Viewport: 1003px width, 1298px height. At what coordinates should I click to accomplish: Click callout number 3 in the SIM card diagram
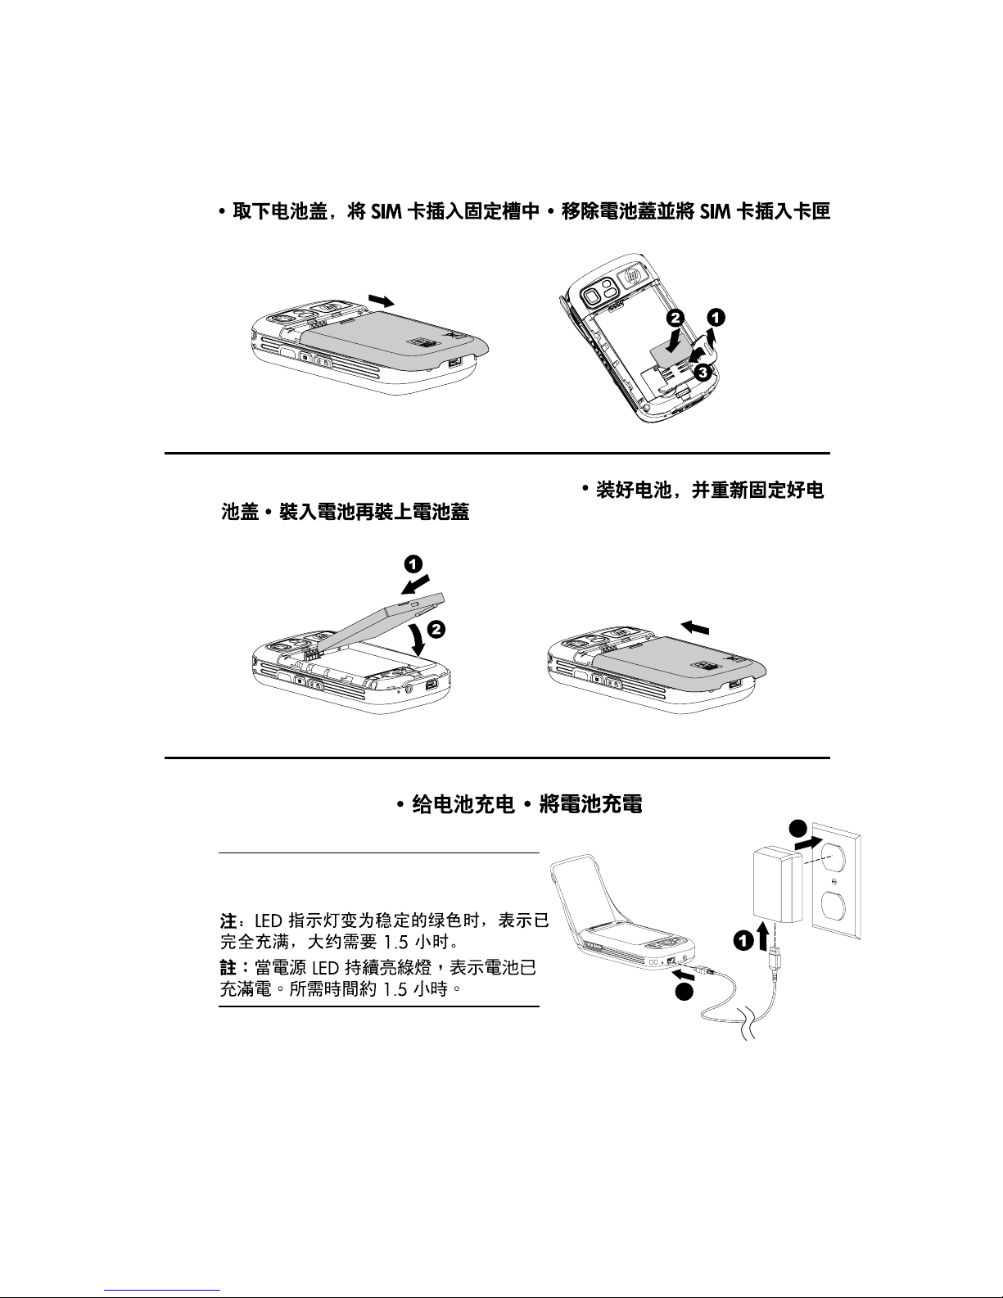pos(703,372)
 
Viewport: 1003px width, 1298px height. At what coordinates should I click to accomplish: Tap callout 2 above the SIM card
pos(675,318)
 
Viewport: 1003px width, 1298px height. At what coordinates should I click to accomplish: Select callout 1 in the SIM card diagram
pos(716,317)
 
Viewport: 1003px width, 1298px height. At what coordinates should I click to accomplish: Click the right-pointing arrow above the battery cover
pos(382,301)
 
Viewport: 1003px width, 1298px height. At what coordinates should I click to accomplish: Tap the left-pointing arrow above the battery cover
pos(695,626)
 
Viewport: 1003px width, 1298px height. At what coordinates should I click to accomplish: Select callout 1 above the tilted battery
pos(413,564)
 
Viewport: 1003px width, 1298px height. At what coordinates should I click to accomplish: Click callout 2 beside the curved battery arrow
pos(436,629)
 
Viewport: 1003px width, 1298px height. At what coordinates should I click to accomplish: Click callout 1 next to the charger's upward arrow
pos(743,942)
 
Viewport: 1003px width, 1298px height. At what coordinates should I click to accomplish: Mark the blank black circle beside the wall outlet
pos(798,829)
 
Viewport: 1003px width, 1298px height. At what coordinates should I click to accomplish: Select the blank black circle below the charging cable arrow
pos(684,992)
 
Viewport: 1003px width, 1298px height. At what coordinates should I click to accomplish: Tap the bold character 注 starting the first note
pos(228,920)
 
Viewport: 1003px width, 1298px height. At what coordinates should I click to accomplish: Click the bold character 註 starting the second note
pos(228,967)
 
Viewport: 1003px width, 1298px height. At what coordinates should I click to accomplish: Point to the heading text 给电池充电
pos(463,805)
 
